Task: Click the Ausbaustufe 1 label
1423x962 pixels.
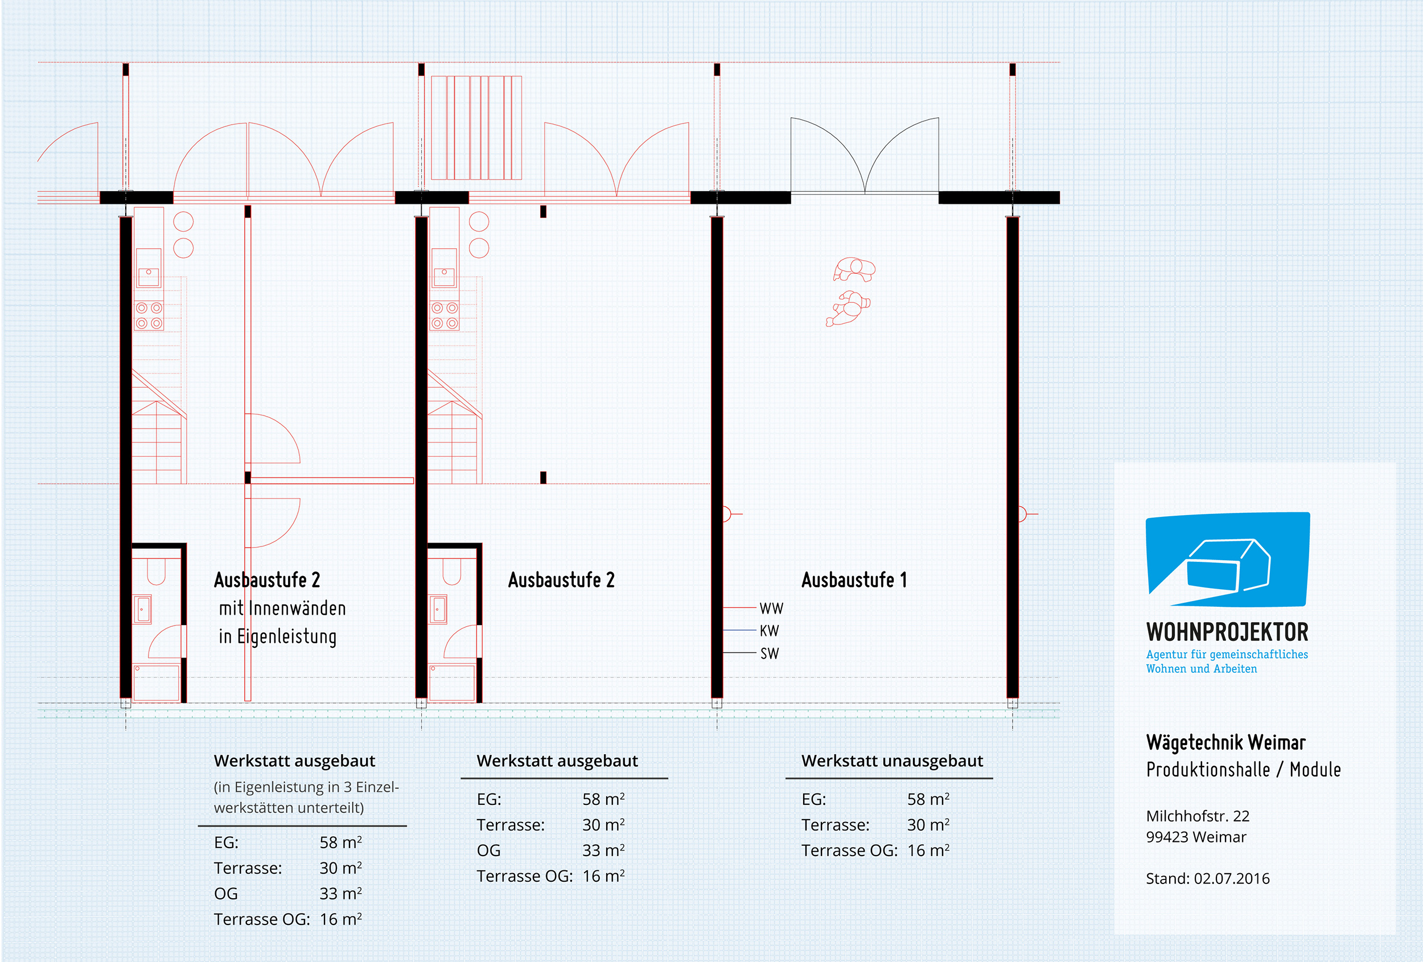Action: pyautogui.click(x=854, y=580)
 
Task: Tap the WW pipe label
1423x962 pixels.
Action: pyautogui.click(x=771, y=609)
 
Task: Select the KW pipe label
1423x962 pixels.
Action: pyautogui.click(x=769, y=631)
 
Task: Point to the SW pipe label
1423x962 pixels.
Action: pyautogui.click(x=769, y=653)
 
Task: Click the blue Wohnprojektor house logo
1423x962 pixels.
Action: pyautogui.click(x=1227, y=560)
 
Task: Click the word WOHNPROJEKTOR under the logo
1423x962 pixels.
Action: pyautogui.click(x=1227, y=632)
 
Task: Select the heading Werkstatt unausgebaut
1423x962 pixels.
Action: pyautogui.click(x=891, y=760)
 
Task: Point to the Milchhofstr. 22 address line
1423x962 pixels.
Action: pyautogui.click(x=1197, y=816)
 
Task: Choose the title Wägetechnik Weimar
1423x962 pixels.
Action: pyautogui.click(x=1225, y=743)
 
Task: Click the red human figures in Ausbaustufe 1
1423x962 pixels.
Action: pyautogui.click(x=850, y=291)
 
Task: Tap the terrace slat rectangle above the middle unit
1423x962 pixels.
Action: pyautogui.click(x=476, y=128)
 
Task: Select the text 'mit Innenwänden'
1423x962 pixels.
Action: pyautogui.click(x=282, y=609)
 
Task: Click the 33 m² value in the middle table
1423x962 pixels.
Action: pyautogui.click(x=603, y=850)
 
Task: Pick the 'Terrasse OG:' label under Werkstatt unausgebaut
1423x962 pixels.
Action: pyautogui.click(x=849, y=850)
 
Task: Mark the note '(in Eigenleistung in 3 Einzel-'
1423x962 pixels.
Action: pyautogui.click(x=306, y=787)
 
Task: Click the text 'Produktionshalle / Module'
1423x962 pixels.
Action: pyautogui.click(x=1243, y=770)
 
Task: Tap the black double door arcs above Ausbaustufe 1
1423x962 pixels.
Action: pyautogui.click(x=865, y=156)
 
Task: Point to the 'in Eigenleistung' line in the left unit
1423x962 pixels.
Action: pyautogui.click(x=277, y=637)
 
